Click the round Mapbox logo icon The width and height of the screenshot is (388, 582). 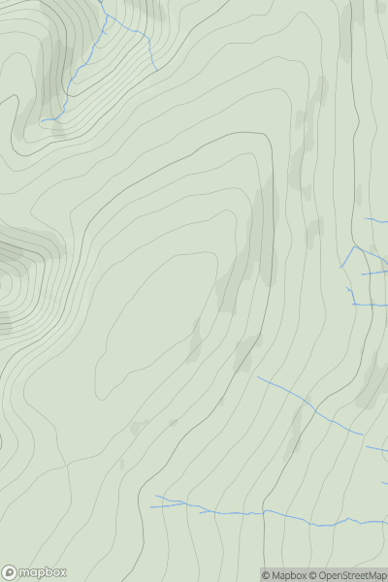coord(11,572)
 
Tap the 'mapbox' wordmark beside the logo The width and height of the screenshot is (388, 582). coord(42,573)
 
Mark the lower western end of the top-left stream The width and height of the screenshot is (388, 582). coord(42,120)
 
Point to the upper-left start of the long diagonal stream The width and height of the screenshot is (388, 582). coord(257,377)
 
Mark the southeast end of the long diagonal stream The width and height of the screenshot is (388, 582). coord(363,434)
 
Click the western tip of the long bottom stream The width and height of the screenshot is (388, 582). coord(151,506)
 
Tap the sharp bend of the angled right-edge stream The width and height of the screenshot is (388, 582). coord(355,246)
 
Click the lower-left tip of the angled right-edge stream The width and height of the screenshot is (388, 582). coord(340,268)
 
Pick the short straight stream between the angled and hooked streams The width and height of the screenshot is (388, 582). coord(374,274)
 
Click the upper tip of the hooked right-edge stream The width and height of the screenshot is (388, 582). coord(347,288)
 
